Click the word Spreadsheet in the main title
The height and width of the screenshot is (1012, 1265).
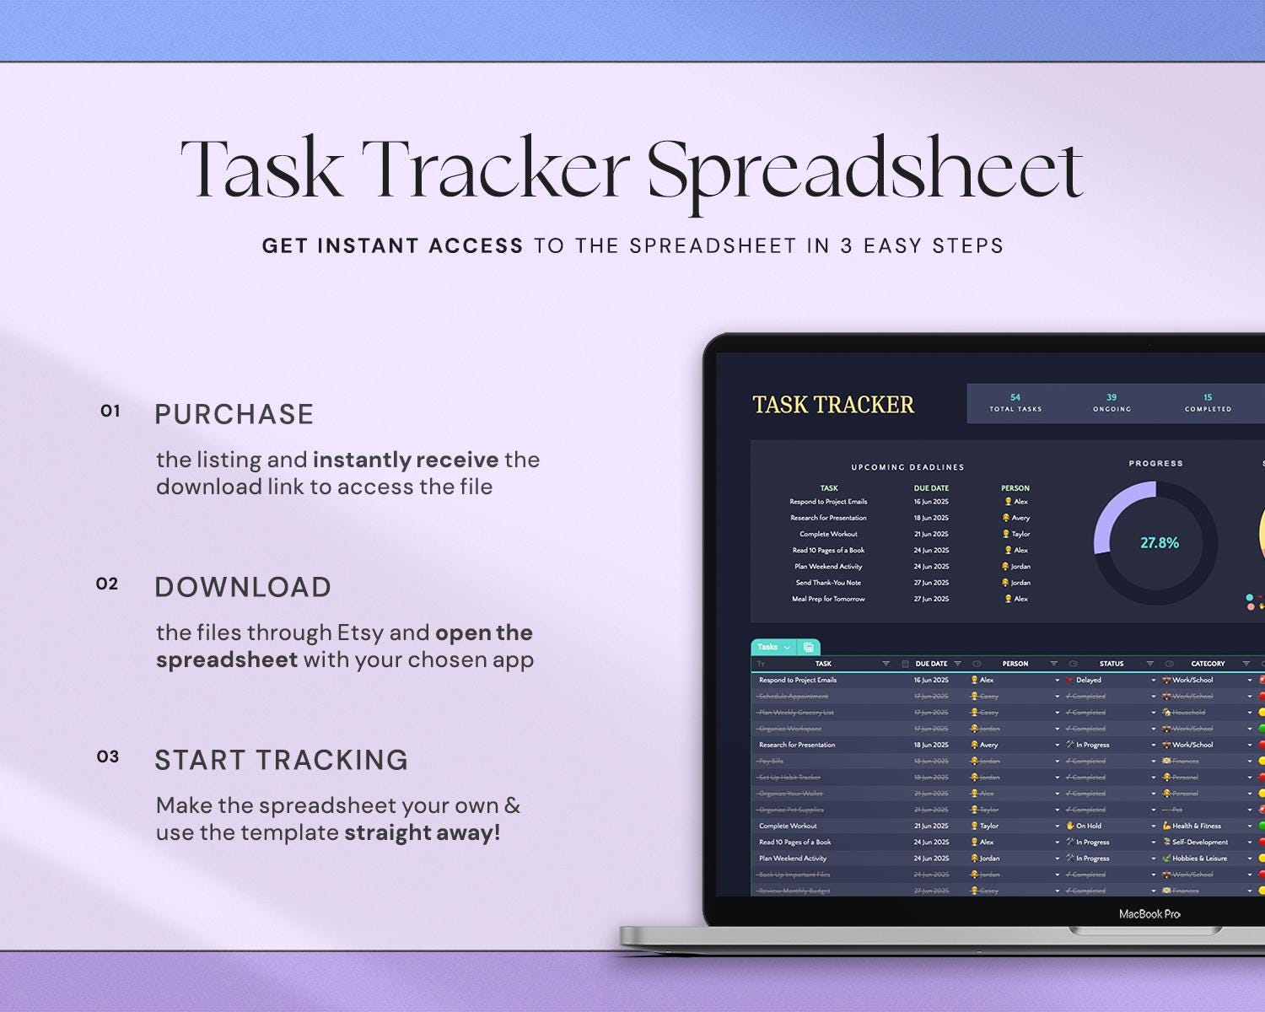[864, 170]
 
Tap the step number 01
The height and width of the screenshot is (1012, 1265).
[110, 412]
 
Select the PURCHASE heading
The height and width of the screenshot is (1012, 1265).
[234, 415]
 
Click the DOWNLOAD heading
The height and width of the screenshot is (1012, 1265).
[243, 588]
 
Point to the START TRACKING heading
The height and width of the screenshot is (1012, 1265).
[281, 761]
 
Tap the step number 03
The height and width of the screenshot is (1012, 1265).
[108, 757]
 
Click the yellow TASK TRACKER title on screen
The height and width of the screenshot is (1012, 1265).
[832, 406]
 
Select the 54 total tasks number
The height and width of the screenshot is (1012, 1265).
[1015, 397]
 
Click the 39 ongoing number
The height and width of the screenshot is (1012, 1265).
[1112, 397]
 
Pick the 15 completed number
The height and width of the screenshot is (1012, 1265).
[1208, 397]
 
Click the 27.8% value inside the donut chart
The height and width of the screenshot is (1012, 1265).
[1160, 543]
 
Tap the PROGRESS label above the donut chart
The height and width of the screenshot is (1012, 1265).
[1155, 464]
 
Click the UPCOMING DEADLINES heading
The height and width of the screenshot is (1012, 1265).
[907, 467]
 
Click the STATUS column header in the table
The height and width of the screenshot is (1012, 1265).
[1111, 664]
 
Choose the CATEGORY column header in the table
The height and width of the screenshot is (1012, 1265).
[1208, 664]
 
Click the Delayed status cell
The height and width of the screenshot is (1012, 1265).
[1088, 680]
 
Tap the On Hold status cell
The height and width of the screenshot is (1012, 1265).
[1088, 826]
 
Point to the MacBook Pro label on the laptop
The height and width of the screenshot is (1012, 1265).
[1149, 914]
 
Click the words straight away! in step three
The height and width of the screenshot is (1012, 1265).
[423, 833]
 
